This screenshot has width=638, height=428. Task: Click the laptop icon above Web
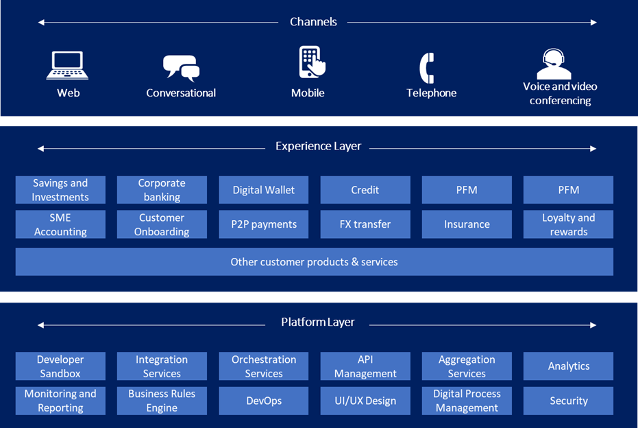coord(67,65)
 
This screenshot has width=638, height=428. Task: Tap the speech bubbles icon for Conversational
coord(181,68)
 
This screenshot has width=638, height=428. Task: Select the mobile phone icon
coord(312,62)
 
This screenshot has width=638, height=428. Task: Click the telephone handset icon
coord(427,68)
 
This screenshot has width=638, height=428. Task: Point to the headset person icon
coord(554,64)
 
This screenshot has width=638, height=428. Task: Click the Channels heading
coord(313,21)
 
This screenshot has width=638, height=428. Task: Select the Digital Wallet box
coord(264,190)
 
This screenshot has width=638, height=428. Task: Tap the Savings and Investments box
coord(60,190)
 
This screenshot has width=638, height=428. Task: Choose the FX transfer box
coord(365,224)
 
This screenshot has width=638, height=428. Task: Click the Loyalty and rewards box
coord(568,224)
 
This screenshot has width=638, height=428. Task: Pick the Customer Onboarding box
coord(162,224)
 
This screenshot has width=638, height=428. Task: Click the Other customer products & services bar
coord(314,261)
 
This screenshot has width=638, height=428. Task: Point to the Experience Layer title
coord(318,146)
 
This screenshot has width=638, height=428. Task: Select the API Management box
coord(365,366)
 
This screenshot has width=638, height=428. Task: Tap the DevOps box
coord(264,401)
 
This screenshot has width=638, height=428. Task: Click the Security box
coord(568,401)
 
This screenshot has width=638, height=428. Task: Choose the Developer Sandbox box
coord(60,366)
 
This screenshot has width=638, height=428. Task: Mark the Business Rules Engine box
coord(162,401)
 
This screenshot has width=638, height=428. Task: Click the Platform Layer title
coord(318,322)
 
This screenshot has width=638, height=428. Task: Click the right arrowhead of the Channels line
coord(593,23)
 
